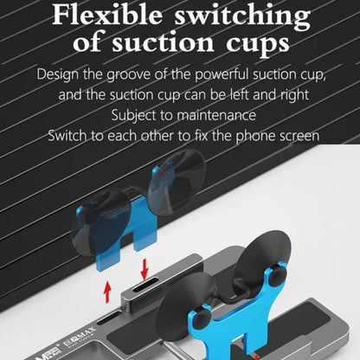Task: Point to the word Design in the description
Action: tap(61, 75)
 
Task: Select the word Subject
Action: tap(138, 115)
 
